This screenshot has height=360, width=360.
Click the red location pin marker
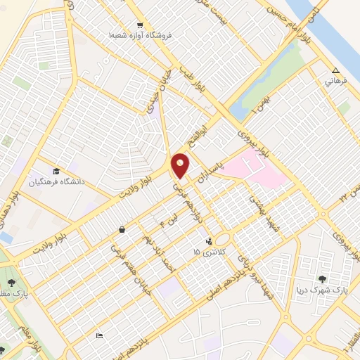point(181,166)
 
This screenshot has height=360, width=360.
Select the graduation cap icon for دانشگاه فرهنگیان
point(56,170)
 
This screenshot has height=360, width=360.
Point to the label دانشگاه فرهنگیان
point(56,181)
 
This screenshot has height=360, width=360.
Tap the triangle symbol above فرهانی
point(336,70)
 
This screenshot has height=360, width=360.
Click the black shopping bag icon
point(122,229)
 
